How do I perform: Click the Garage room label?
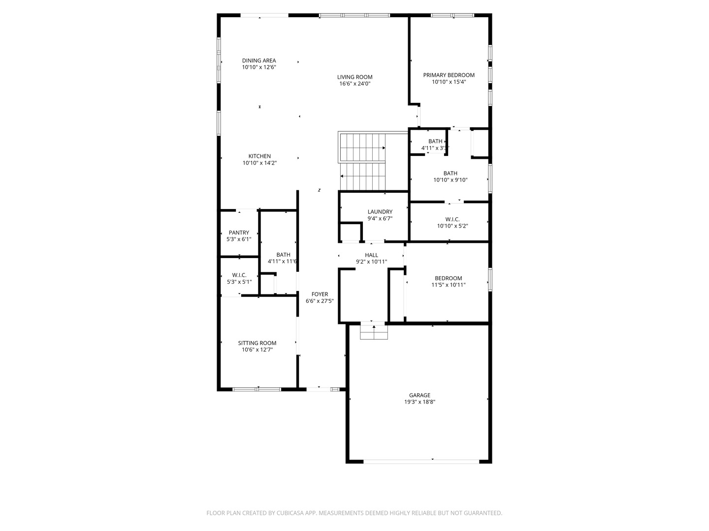(x=419, y=395)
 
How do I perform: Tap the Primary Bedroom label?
(x=449, y=75)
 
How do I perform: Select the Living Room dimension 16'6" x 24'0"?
(x=354, y=84)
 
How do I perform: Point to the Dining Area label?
(x=258, y=61)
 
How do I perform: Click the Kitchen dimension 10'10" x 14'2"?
(x=259, y=163)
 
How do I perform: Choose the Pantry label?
(x=239, y=233)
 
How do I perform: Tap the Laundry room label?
(x=380, y=212)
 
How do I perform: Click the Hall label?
(x=371, y=255)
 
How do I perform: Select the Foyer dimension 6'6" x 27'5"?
(x=320, y=301)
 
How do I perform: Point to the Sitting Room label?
(x=257, y=343)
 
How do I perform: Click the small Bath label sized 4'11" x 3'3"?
(x=435, y=142)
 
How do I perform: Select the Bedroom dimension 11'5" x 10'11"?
(x=448, y=285)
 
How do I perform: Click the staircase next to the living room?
(x=363, y=161)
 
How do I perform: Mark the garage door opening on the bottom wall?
(x=421, y=461)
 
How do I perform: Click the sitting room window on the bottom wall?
(x=257, y=389)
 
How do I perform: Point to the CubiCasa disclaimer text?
(x=354, y=513)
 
